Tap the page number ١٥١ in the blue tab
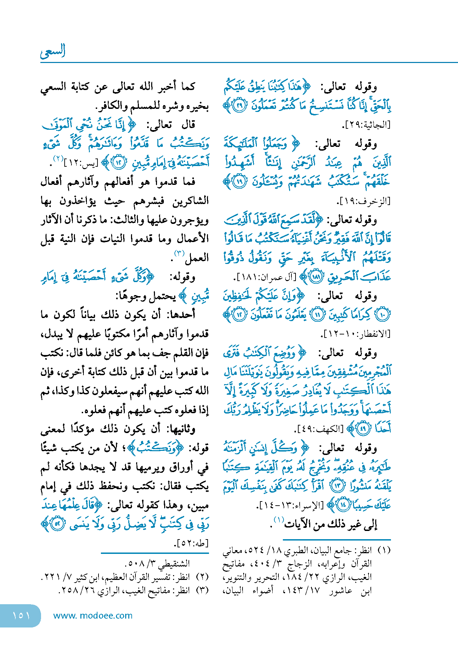pos(21,615)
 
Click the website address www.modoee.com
pos(93,616)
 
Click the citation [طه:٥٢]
pos(192,543)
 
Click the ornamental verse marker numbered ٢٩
pos(239,106)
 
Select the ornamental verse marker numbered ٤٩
pos(363,428)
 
